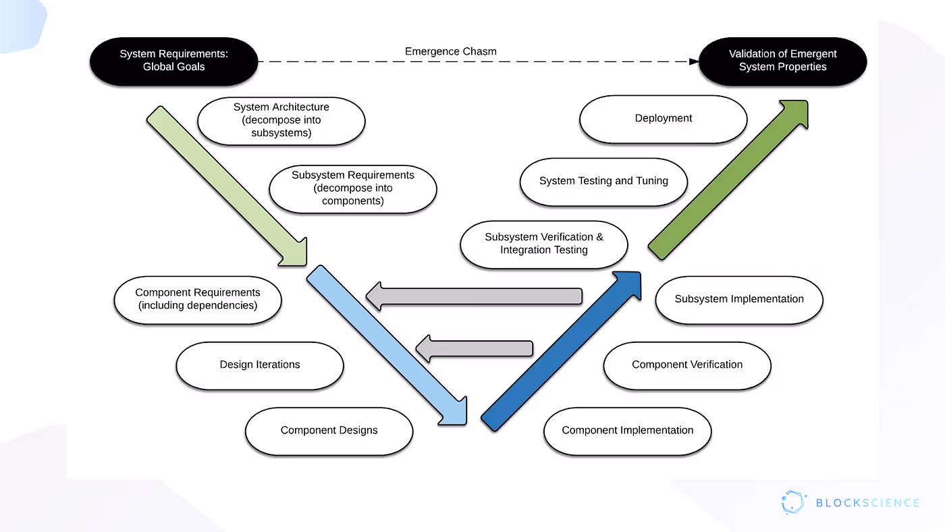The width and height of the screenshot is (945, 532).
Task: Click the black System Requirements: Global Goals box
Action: (x=173, y=61)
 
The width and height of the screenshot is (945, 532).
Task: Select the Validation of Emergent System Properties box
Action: (x=782, y=61)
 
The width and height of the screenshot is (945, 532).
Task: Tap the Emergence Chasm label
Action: (x=450, y=51)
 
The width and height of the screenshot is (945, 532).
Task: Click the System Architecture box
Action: (x=281, y=120)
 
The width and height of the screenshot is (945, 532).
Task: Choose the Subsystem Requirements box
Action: (x=352, y=188)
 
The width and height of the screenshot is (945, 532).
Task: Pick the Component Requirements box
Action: (x=197, y=299)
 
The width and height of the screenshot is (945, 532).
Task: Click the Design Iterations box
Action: (x=259, y=365)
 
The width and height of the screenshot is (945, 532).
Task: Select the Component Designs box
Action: (x=329, y=430)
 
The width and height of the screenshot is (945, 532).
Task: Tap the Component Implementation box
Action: (x=627, y=430)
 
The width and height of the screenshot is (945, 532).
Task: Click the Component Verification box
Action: (x=686, y=365)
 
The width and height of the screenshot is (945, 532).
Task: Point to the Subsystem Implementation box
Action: (x=739, y=299)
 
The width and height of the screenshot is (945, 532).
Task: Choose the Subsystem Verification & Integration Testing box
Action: (x=543, y=244)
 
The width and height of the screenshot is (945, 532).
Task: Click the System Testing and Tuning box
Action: (x=603, y=181)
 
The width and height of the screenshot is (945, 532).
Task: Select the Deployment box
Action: (x=663, y=118)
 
